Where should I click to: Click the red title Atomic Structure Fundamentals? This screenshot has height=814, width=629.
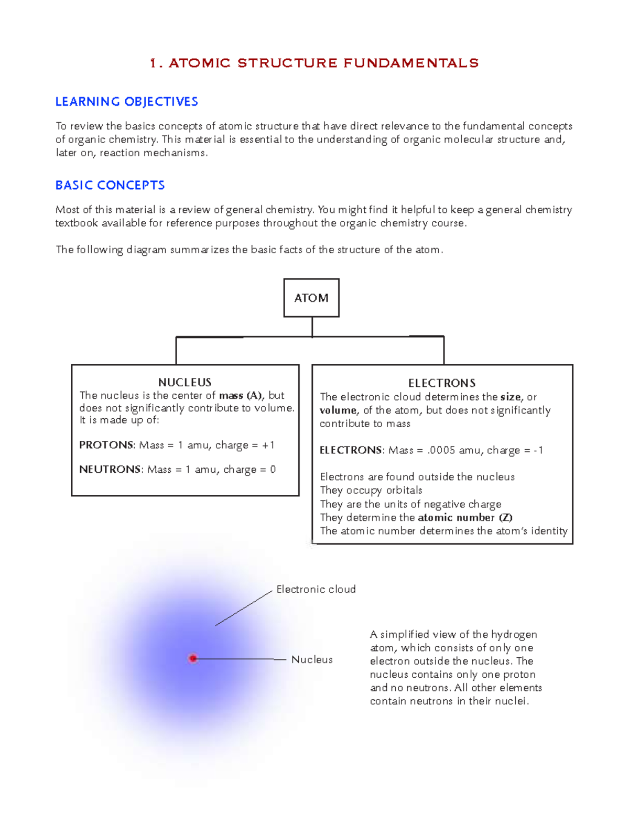[314, 63]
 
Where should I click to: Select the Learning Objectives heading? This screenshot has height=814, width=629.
[126, 102]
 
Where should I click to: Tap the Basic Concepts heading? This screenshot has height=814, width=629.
[110, 186]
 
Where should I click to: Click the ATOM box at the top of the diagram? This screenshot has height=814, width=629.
[311, 298]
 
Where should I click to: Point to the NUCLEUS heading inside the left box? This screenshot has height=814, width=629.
[185, 382]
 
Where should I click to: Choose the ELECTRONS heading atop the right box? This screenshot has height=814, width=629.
[442, 383]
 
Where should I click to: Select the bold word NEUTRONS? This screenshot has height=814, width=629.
[110, 470]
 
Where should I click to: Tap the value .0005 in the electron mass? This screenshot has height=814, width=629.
[441, 450]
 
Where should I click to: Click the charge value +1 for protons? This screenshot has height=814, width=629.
[268, 445]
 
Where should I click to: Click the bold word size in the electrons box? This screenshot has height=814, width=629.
[510, 397]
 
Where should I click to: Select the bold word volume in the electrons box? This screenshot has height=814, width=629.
[338, 410]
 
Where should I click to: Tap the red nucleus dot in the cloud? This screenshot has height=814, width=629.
[193, 658]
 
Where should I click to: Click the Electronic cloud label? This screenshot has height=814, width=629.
[316, 589]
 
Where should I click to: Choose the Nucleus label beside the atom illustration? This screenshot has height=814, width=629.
[312, 659]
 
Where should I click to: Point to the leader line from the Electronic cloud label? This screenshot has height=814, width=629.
[244, 608]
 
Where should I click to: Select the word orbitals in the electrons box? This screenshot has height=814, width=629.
[404, 491]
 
